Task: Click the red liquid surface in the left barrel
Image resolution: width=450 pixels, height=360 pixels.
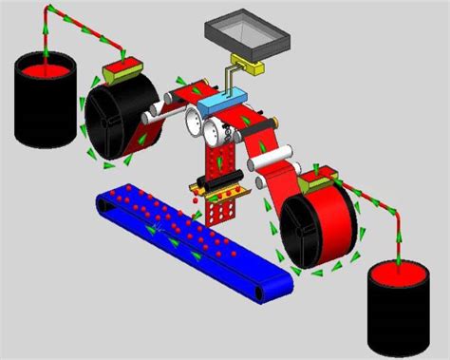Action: [x=45, y=67]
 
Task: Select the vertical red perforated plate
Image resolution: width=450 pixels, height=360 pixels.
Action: [x=220, y=153]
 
